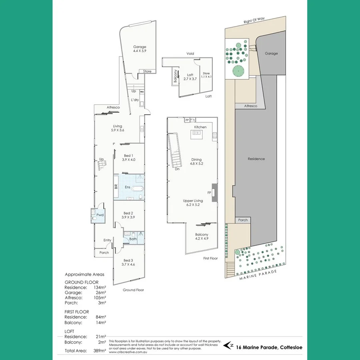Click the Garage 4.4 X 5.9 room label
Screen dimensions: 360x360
140,49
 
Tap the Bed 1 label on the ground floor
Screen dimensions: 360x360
128,158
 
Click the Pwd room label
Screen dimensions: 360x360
100,215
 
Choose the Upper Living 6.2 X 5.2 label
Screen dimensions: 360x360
193,203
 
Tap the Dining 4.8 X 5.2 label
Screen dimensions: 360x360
196,162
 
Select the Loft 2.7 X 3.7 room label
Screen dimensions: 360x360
190,77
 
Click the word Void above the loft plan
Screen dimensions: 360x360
190,54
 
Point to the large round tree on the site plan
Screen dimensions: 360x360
238,71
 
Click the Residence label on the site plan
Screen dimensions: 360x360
256,159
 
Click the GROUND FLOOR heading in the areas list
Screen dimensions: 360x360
82,282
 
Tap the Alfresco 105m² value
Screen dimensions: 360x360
100,298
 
